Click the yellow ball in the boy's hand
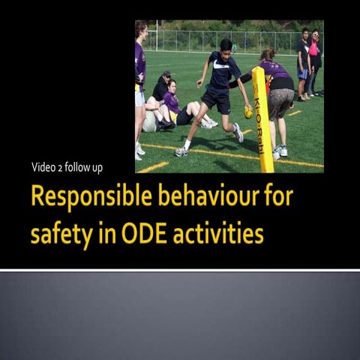point(248,113)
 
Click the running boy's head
point(226,46)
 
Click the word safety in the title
point(57,234)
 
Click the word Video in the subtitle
point(43,166)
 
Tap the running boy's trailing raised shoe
point(238,133)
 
